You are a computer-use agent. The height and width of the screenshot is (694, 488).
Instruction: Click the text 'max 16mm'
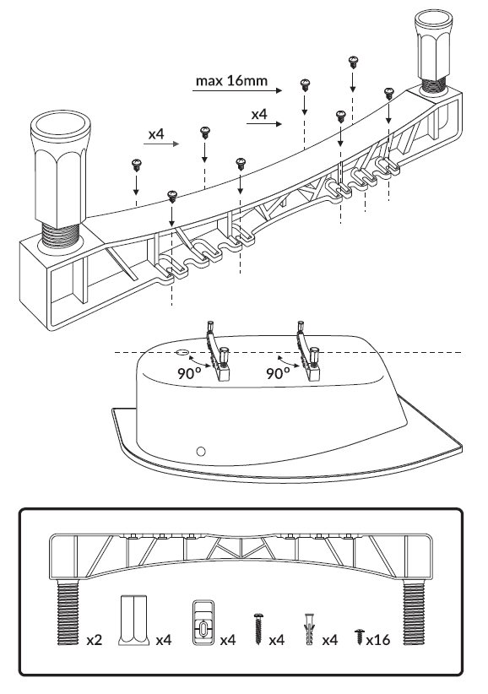tap(231, 81)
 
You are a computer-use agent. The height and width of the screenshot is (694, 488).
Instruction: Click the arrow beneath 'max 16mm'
tap(237, 90)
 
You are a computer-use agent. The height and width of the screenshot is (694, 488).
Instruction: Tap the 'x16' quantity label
tap(378, 640)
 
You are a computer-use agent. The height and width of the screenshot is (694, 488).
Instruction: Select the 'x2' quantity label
tap(95, 640)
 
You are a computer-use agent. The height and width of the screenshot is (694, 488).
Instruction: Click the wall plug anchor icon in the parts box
tap(308, 628)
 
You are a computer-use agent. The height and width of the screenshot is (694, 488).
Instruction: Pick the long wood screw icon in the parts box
tap(258, 628)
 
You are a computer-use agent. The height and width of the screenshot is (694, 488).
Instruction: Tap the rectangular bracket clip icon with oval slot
tap(203, 622)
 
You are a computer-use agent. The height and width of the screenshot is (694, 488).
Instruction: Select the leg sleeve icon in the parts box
tap(133, 620)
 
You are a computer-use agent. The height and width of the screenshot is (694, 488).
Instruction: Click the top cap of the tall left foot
tap(61, 124)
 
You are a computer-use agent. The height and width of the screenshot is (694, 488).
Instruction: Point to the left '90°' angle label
tap(189, 373)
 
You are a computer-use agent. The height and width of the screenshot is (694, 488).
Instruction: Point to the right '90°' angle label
tap(278, 373)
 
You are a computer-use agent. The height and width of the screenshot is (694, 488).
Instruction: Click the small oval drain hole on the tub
tap(182, 352)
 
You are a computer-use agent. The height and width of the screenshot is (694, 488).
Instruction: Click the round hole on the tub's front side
tap(201, 452)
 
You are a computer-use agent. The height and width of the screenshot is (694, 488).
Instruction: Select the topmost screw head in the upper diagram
tap(353, 61)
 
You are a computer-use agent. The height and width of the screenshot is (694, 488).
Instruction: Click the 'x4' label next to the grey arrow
tap(156, 134)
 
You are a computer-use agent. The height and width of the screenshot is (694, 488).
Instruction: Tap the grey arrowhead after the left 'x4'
tap(176, 144)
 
